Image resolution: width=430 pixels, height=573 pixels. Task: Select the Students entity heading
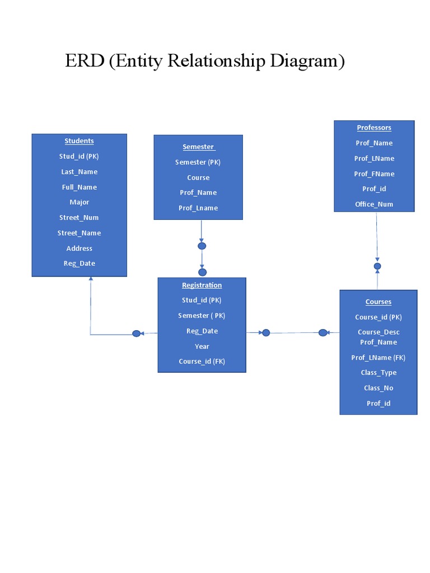[79, 141]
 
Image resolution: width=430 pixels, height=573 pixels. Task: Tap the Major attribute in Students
[79, 202]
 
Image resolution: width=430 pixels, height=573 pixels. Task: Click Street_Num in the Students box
[79, 218]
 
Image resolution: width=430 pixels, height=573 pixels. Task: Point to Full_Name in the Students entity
[79, 187]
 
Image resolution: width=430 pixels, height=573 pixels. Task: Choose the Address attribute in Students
[79, 248]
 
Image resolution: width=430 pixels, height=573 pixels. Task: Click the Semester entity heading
[198, 147]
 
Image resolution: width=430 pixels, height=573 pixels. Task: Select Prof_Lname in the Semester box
[198, 208]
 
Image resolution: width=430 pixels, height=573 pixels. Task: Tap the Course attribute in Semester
[198, 177]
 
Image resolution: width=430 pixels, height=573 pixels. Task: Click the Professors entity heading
[374, 128]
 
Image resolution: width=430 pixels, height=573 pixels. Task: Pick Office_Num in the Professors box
[374, 204]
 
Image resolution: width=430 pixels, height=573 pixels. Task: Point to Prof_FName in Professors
[374, 173]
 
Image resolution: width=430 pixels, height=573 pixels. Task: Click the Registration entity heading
[202, 285]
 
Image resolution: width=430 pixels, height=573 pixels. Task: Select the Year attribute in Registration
[202, 346]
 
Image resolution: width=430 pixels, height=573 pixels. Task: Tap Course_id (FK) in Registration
[202, 361]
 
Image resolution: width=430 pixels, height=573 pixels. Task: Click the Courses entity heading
[378, 302]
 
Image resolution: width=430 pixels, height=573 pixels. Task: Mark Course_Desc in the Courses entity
[378, 332]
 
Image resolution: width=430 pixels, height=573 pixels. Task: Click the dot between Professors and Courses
[377, 266]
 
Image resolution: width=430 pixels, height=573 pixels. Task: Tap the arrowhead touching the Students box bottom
[91, 279]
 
